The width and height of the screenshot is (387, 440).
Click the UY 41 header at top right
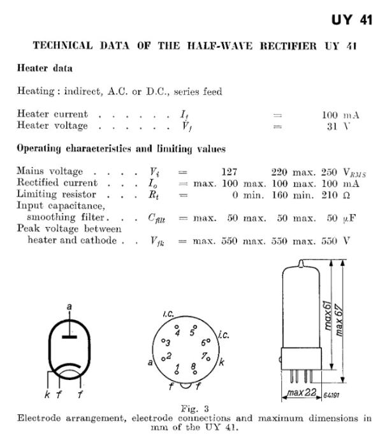click(351, 21)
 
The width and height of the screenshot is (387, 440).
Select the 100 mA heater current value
click(340, 115)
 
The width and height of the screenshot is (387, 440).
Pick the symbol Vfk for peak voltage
click(154, 241)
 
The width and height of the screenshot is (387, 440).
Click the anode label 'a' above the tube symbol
click(69, 307)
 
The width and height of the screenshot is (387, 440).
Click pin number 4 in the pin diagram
click(178, 332)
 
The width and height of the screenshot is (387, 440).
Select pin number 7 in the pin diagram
click(203, 355)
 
